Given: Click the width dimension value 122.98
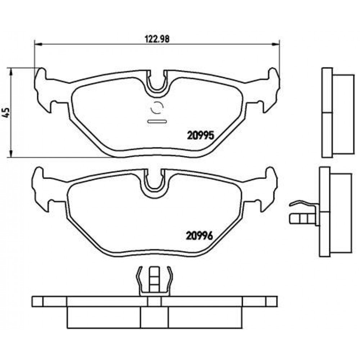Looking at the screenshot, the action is [157, 39].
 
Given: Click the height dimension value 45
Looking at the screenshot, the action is [6, 112].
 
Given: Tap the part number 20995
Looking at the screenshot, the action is [201, 135].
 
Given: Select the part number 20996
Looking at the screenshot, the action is [199, 235].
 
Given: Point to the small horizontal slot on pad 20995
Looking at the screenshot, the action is [157, 121].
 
